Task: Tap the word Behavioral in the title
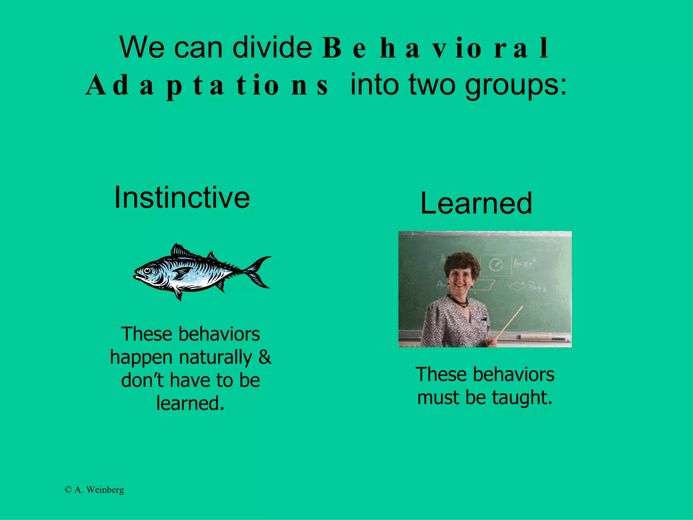(x=435, y=48)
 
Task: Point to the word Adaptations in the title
(x=207, y=85)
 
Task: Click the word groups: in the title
(x=516, y=85)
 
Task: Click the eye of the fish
(x=148, y=270)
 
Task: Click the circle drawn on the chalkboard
(x=496, y=265)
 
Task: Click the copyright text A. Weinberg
(x=94, y=490)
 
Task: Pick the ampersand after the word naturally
(x=265, y=357)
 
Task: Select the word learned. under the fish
(x=190, y=403)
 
